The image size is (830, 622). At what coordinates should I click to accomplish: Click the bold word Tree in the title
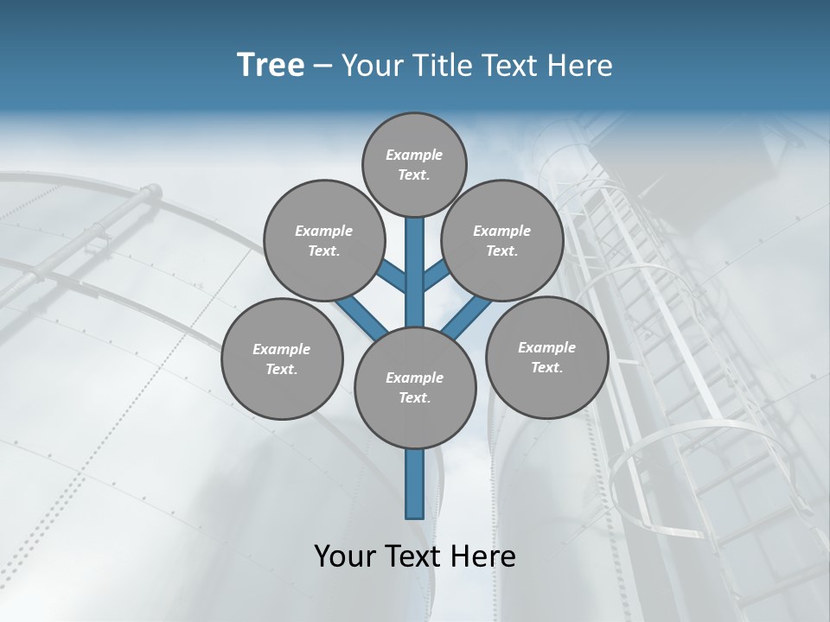pyautogui.click(x=271, y=66)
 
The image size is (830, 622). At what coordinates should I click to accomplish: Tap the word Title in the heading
pyautogui.click(x=441, y=66)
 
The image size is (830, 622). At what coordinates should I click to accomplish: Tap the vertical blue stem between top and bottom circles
pyautogui.click(x=415, y=268)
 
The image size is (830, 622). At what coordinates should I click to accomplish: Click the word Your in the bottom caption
pyautogui.click(x=344, y=556)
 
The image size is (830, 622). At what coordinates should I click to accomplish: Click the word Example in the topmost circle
pyautogui.click(x=414, y=155)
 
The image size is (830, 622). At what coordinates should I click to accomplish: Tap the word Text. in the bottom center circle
pyautogui.click(x=414, y=397)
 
